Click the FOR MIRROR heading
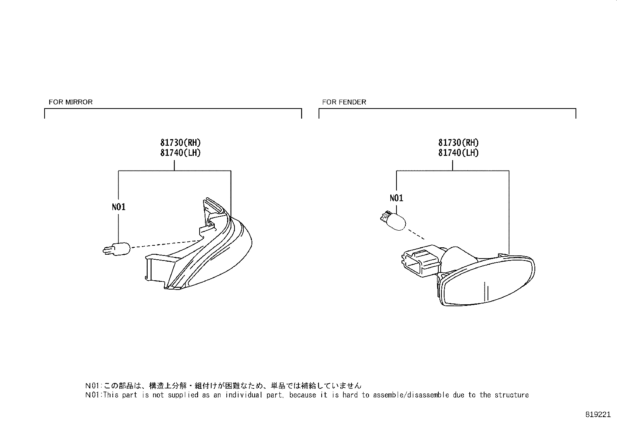click(x=71, y=102)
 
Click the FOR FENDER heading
click(x=344, y=102)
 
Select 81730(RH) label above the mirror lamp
click(x=181, y=143)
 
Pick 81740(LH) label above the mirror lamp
click(x=181, y=153)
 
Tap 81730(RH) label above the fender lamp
click(x=458, y=143)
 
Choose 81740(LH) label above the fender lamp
click(x=458, y=153)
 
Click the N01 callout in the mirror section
click(x=119, y=207)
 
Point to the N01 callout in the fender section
click(x=396, y=198)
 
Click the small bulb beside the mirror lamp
click(x=116, y=248)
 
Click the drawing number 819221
click(x=598, y=414)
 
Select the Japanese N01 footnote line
click(x=223, y=386)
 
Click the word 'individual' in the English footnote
click(x=244, y=395)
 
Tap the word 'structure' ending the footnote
click(x=512, y=395)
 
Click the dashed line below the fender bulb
click(x=416, y=234)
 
